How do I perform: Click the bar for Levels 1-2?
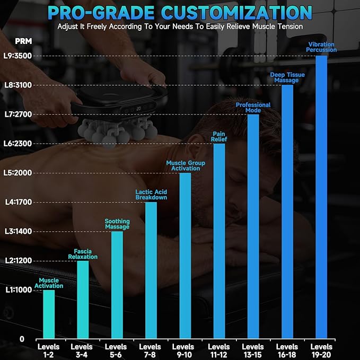(49, 314)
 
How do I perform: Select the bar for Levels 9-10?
(185, 256)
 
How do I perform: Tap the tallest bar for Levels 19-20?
(321, 197)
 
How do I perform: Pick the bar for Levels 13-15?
(253, 226)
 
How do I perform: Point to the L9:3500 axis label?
(17, 56)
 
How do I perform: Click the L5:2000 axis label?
(17, 173)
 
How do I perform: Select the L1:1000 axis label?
(19, 290)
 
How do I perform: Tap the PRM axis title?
(23, 41)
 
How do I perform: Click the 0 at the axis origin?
(22, 339)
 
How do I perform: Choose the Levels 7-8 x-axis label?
(150, 351)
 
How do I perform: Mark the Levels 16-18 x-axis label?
(287, 351)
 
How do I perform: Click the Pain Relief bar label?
(219, 137)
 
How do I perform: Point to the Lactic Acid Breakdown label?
(151, 195)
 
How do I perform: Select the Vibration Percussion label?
(321, 47)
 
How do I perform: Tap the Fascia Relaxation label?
(83, 254)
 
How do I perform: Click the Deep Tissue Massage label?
(287, 77)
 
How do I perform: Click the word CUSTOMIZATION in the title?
(236, 13)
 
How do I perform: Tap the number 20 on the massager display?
(138, 109)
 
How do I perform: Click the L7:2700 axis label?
(19, 115)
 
